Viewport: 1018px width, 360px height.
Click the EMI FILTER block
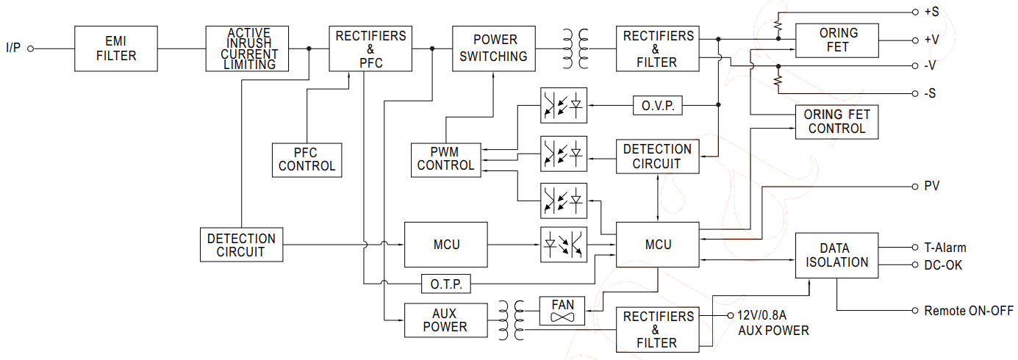point(116,48)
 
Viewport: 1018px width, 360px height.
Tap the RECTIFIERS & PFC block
point(370,48)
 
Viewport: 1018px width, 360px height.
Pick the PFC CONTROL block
point(307,159)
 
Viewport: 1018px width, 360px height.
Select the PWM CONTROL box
point(445,159)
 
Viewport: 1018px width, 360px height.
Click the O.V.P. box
point(657,107)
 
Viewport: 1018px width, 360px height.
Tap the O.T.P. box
point(445,284)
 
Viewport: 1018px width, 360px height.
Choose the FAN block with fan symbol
point(562,311)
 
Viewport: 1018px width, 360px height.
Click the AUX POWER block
point(445,320)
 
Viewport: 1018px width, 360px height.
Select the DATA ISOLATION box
point(836,255)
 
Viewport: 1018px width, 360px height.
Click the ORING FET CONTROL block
point(836,122)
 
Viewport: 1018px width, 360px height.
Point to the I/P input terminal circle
point(31,48)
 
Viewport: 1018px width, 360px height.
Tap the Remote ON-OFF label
point(968,311)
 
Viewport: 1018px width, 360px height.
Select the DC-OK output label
point(943,265)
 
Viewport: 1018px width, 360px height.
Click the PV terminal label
point(931,186)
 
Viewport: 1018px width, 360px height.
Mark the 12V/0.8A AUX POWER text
point(772,323)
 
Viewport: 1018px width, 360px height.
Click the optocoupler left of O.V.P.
point(564,107)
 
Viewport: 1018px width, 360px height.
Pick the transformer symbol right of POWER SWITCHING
point(576,48)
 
